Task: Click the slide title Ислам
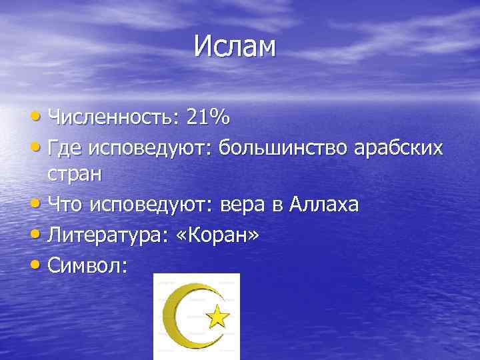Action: pyautogui.click(x=235, y=47)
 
